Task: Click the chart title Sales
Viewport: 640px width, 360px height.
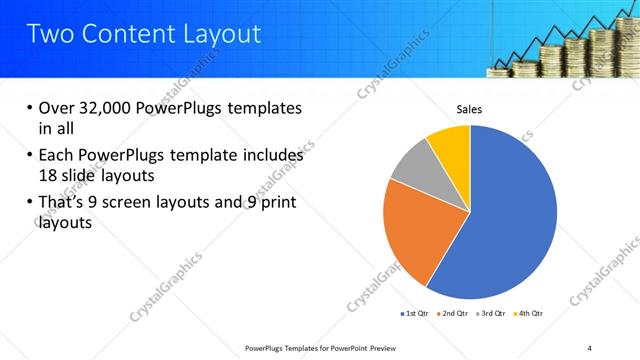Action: (470, 108)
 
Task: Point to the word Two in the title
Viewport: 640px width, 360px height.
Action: (48, 34)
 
